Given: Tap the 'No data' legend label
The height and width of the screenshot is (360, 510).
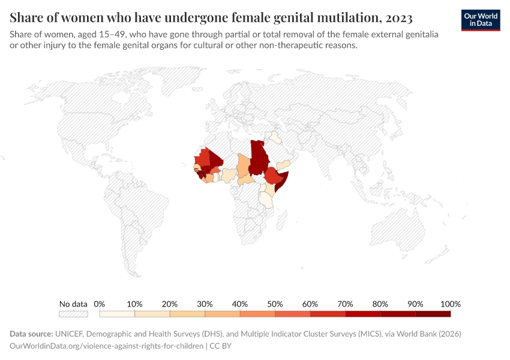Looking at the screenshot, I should (x=73, y=304).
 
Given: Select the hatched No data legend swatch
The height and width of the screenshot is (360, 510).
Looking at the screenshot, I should (x=73, y=314).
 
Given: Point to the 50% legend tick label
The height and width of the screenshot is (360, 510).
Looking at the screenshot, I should (x=275, y=304).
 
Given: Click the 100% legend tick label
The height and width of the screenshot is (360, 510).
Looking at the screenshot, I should (x=450, y=304).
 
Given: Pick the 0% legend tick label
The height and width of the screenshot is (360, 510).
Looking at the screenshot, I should (x=100, y=304).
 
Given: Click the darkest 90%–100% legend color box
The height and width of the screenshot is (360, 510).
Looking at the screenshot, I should (x=433, y=314).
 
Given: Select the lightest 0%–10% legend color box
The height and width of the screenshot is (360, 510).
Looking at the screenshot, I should (x=117, y=314).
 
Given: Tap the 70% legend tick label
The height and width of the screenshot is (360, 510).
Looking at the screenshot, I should (x=345, y=304).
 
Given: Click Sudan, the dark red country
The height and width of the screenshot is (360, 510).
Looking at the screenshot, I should (x=259, y=157).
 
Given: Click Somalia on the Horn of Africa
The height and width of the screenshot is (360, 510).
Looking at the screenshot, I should (x=285, y=180).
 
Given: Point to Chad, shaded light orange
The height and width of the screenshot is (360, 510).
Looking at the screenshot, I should (x=244, y=165).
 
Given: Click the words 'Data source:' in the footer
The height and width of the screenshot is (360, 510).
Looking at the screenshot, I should (x=31, y=334).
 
